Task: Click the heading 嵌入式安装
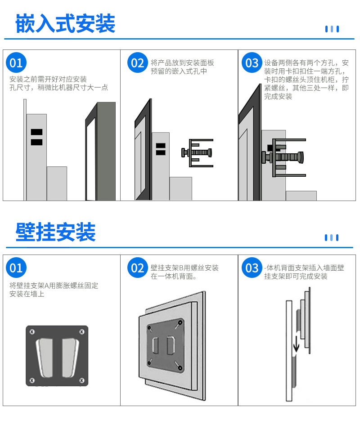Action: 65,24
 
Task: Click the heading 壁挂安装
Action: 56,232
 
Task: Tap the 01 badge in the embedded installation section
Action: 16,63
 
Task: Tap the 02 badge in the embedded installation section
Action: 138,63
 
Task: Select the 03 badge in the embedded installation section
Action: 252,63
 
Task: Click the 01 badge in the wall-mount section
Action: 16,268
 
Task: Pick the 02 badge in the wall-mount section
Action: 138,268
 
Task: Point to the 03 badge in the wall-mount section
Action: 252,268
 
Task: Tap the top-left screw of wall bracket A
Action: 32,332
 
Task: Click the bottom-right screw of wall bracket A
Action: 82,380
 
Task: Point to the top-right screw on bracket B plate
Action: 180,322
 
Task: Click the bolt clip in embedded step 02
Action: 197,153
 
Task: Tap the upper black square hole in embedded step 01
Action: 36,132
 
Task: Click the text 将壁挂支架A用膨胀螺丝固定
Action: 54,286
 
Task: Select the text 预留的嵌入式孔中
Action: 179,72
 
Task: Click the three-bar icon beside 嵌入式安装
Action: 332,29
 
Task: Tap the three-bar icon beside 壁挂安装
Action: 332,237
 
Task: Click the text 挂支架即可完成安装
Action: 296,277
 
